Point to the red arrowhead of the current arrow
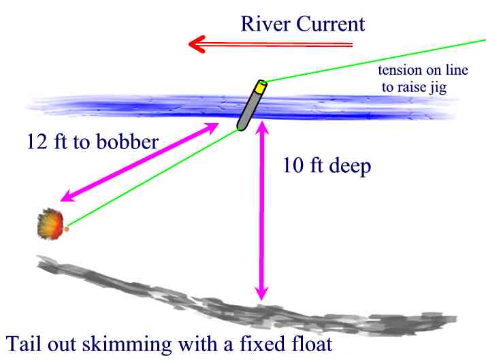coord(197,46)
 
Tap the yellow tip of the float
coord(260,86)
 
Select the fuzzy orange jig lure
coord(50,223)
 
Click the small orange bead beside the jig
coord(67,229)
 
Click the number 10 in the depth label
coord(293,167)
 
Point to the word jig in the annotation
coord(436,88)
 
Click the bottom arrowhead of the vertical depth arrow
coord(259,293)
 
